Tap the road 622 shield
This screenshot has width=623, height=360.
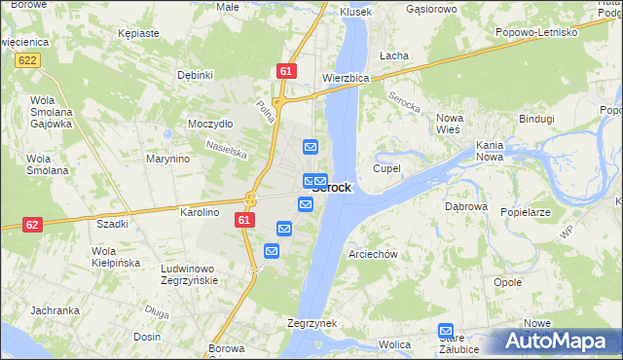coord(27,60)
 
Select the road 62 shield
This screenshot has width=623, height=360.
coord(32,224)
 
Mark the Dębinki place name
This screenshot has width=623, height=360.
coord(195,75)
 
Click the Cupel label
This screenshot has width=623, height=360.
coord(386,168)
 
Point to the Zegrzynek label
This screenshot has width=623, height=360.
coord(311,323)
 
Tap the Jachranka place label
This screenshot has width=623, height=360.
coord(55,310)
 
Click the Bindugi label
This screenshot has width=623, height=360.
coord(536,119)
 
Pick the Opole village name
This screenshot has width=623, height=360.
coord(508,282)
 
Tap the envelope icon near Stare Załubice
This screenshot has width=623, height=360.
coord(446,331)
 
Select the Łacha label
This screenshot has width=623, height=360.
coord(394,55)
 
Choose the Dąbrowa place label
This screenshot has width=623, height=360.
coord(465,207)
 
